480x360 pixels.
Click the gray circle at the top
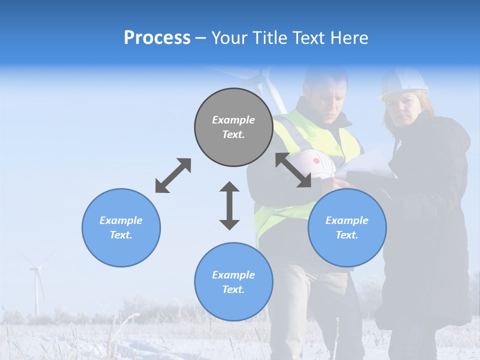click(x=233, y=127)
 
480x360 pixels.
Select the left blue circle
click(x=121, y=227)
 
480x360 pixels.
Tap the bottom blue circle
click(x=233, y=282)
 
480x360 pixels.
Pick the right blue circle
click(x=347, y=227)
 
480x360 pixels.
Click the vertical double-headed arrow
click(x=229, y=205)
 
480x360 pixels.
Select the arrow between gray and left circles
click(x=173, y=175)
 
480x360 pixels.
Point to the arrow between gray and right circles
click(x=293, y=170)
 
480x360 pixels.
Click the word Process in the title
click(x=157, y=37)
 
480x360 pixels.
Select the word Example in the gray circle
click(x=233, y=120)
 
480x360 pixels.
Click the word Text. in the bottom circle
click(x=233, y=289)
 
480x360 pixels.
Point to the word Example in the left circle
click(x=121, y=220)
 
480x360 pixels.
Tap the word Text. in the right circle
click(x=347, y=235)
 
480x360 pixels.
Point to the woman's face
click(x=403, y=110)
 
